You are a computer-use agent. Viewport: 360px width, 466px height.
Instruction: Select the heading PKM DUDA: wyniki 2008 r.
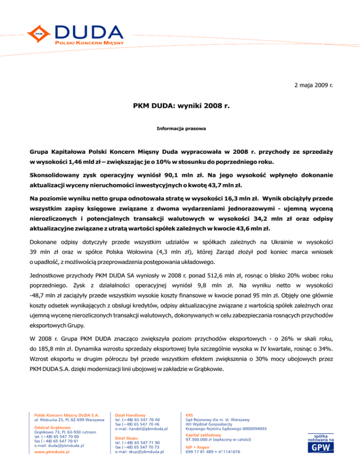click(x=180, y=107)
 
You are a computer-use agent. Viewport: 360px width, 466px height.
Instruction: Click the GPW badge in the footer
click(x=320, y=450)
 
